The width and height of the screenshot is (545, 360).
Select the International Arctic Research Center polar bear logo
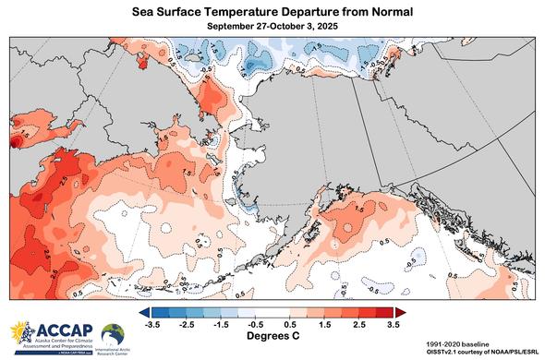pyautogui.click(x=114, y=333)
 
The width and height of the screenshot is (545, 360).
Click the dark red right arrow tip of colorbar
pyautogui.click(x=391, y=312)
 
